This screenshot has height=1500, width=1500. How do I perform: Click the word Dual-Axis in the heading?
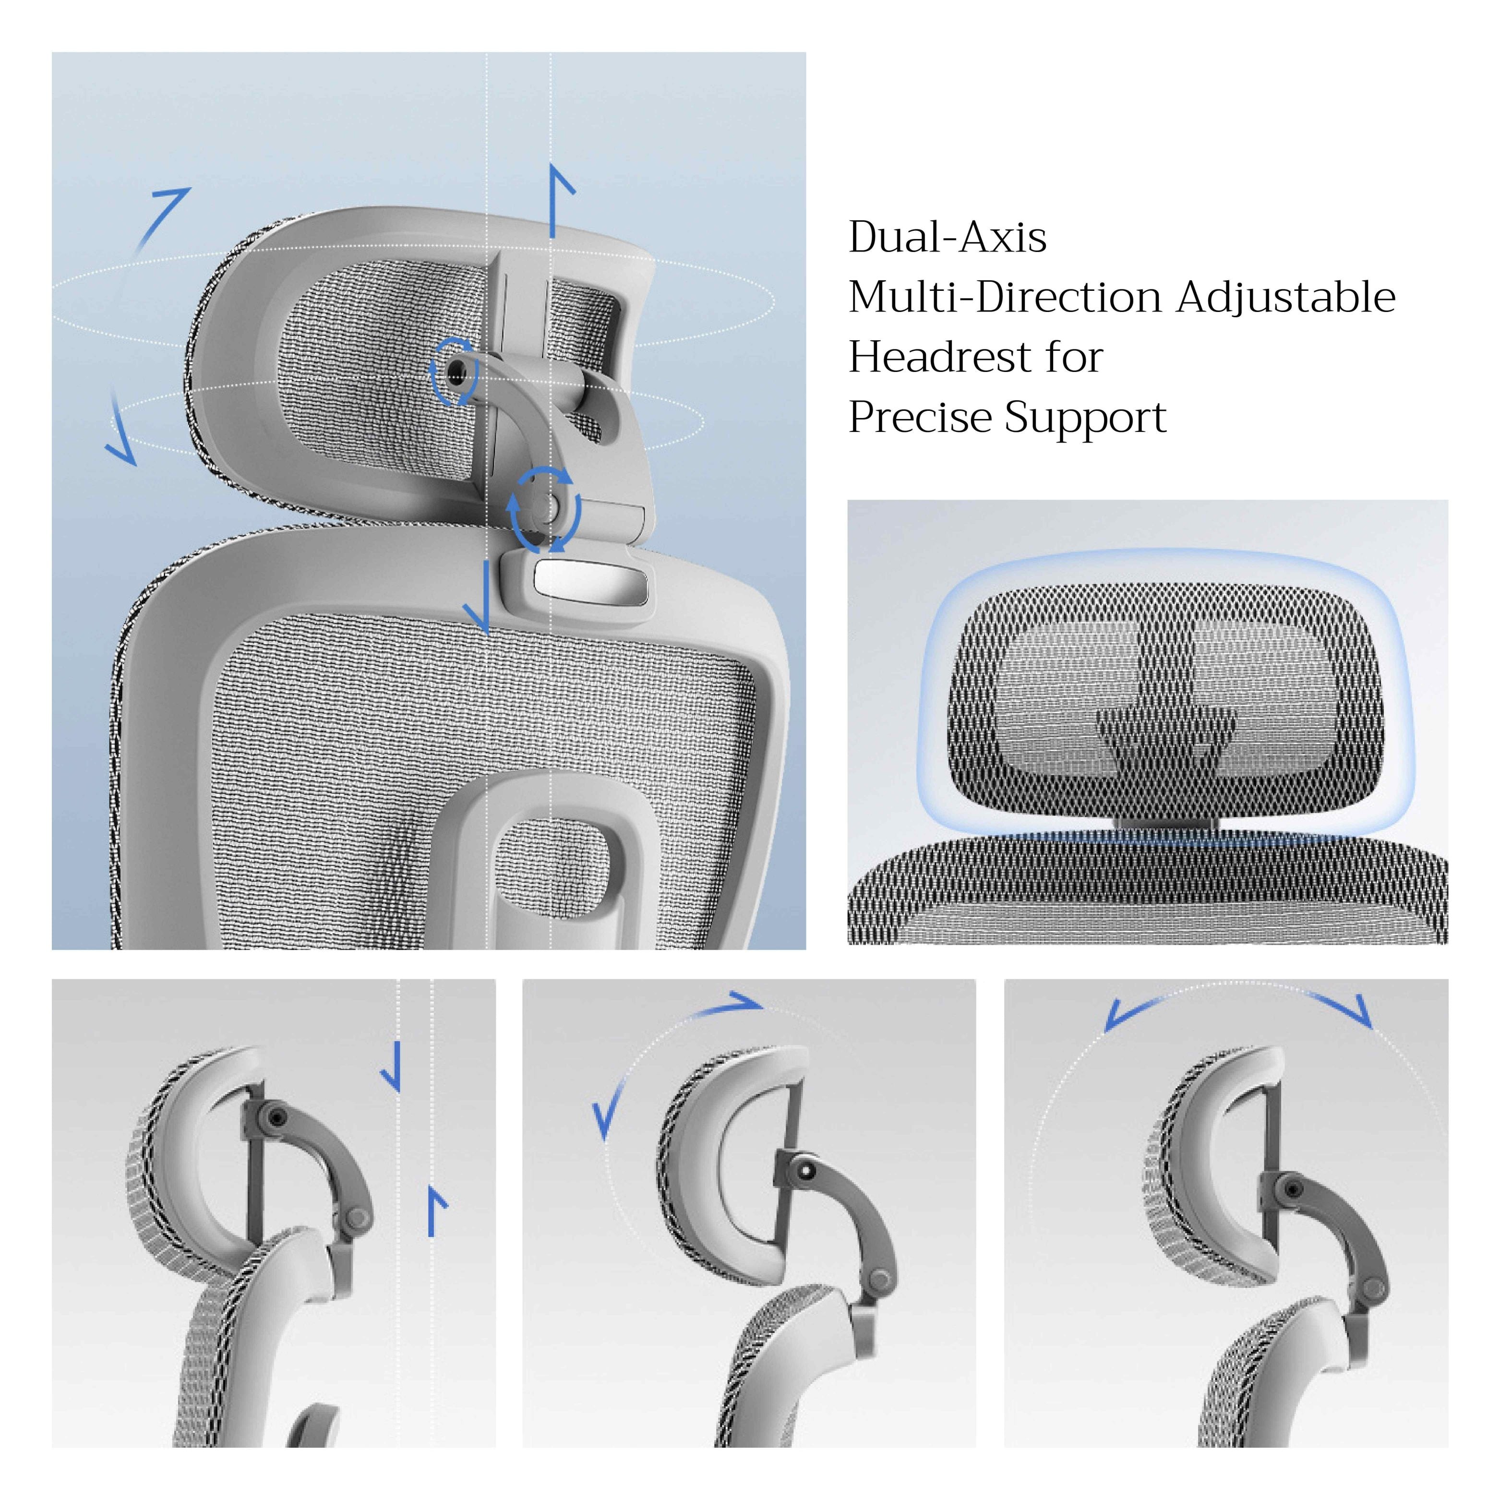(947, 238)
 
